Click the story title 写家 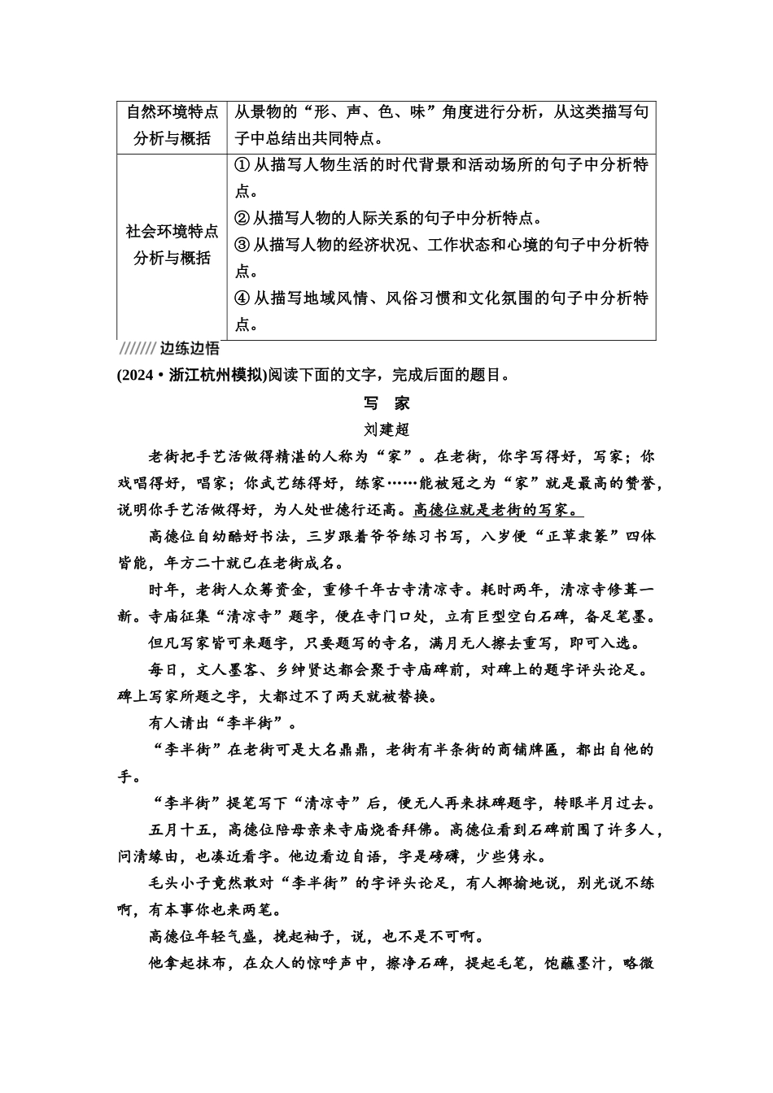386,403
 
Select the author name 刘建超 386,429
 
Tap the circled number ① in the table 242,165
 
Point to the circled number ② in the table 242,218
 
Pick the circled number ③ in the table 242,245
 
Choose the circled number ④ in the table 242,298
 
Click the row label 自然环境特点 172,112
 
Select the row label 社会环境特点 172,232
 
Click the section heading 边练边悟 189,349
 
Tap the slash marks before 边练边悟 137,349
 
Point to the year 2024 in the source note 137,375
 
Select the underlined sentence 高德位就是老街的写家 498,510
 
